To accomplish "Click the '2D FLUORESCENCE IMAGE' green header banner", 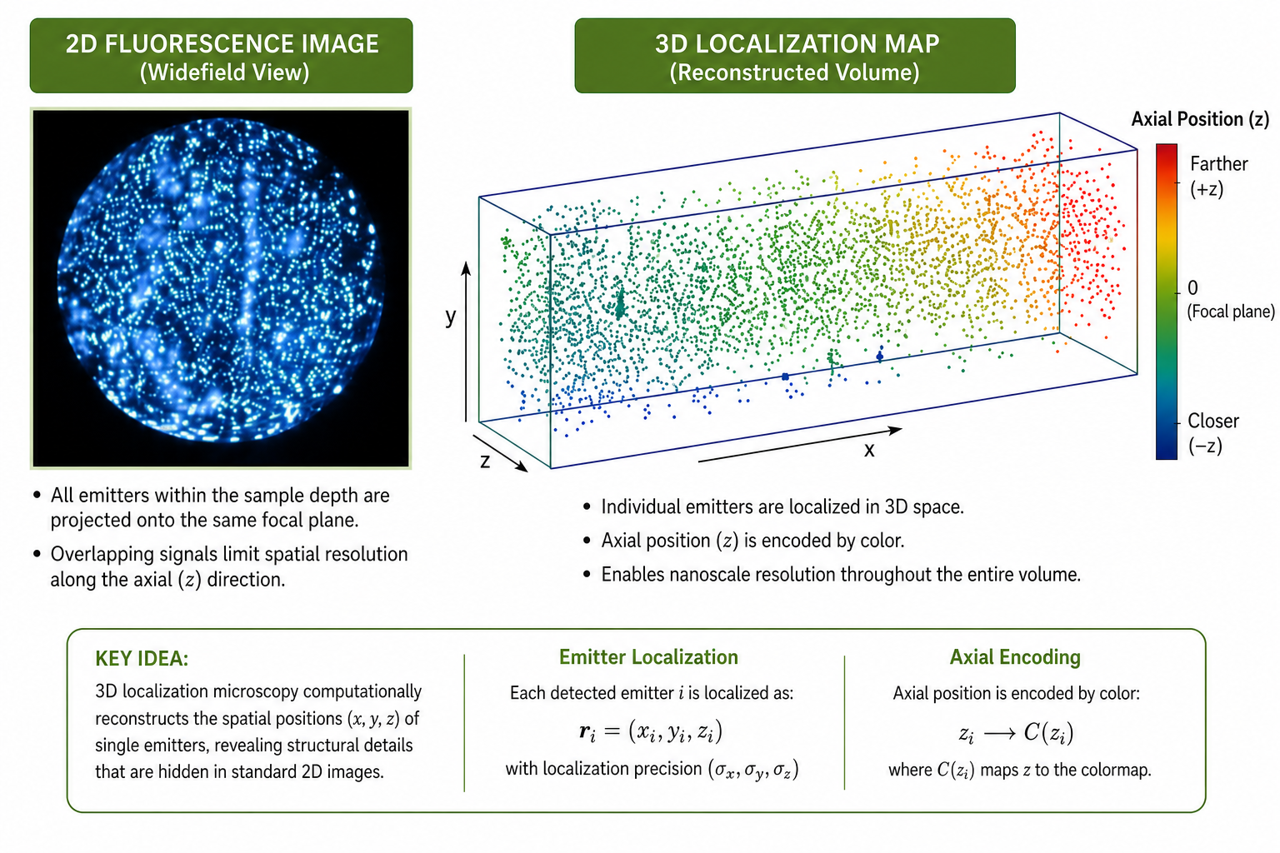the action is pyautogui.click(x=221, y=56).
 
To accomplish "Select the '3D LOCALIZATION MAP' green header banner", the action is pyautogui.click(x=795, y=56).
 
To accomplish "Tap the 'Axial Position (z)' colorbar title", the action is pyautogui.click(x=1200, y=119).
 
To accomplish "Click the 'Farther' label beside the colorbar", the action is pyautogui.click(x=1219, y=164).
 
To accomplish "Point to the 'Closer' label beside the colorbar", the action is pyautogui.click(x=1213, y=421).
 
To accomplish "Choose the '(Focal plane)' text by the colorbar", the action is pyautogui.click(x=1231, y=312).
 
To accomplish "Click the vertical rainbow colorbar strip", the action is pyautogui.click(x=1167, y=301).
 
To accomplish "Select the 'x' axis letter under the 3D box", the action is pyautogui.click(x=869, y=450).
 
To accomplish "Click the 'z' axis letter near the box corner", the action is pyautogui.click(x=485, y=461).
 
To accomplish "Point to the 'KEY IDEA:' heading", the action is pyautogui.click(x=142, y=658).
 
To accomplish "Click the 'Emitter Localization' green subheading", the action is pyautogui.click(x=648, y=657).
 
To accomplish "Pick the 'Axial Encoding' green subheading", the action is pyautogui.click(x=1015, y=657).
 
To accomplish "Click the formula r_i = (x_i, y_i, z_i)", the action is pyautogui.click(x=651, y=732).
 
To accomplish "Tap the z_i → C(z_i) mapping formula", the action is pyautogui.click(x=1016, y=733).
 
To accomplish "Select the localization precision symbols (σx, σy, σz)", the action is pyautogui.click(x=753, y=770).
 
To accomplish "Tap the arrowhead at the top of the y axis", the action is pyautogui.click(x=467, y=268).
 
